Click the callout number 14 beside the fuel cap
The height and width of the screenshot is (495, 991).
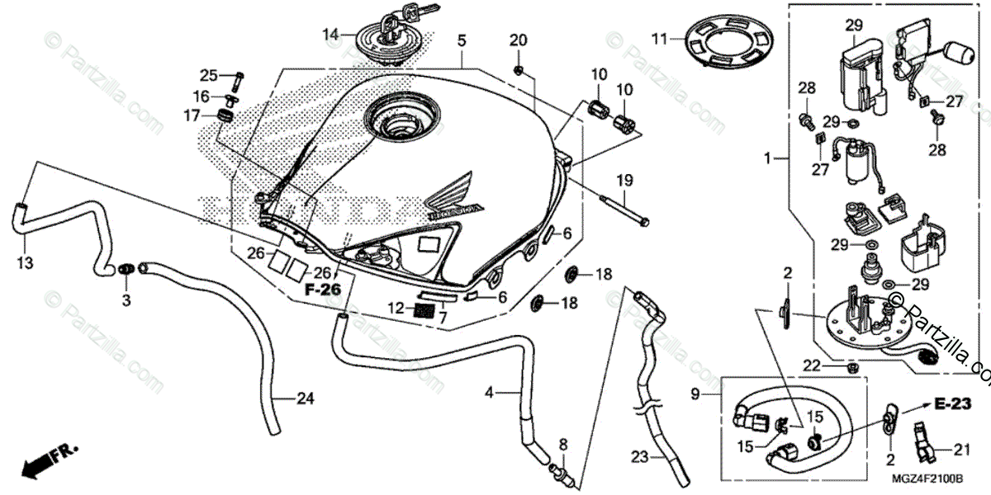coord(330,34)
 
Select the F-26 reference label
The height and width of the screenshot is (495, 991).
coord(322,290)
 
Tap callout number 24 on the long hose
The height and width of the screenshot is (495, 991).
coord(306,399)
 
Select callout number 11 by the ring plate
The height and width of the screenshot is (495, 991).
coord(658,39)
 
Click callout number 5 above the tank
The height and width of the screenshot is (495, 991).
coord(462,39)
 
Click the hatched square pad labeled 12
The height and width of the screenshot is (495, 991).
coord(424,309)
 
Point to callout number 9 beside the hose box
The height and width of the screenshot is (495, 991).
coord(695,394)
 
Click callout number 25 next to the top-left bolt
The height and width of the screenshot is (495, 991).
coord(207,76)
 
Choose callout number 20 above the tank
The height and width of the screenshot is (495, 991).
coord(517,40)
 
